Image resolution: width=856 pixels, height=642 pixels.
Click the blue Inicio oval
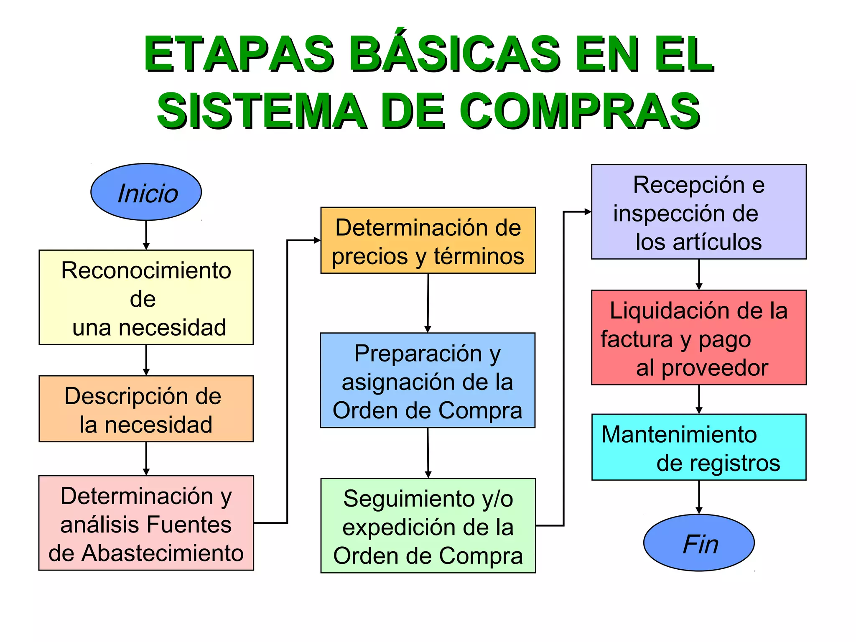tap(146, 192)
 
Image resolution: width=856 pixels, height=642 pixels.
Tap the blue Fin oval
tap(699, 543)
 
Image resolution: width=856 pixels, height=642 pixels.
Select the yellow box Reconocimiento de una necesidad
tap(146, 298)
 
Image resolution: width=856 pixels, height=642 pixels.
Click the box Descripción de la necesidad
tap(146, 409)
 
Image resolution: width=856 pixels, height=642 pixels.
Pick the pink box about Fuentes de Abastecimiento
tap(146, 523)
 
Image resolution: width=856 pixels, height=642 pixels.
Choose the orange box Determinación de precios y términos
tap(428, 241)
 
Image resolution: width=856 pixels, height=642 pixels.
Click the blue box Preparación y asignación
tap(428, 380)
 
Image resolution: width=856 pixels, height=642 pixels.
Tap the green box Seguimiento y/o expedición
tap(428, 526)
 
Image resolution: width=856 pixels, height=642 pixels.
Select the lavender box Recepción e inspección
tap(699, 212)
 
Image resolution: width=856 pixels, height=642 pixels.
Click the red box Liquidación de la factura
tap(699, 338)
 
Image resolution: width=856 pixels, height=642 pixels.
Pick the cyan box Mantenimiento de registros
tap(699, 447)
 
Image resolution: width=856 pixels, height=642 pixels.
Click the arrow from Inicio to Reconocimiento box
tap(146, 235)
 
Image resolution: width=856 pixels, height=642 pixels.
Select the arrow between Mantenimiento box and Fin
tap(699, 497)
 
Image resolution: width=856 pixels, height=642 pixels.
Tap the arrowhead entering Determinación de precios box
tap(317, 240)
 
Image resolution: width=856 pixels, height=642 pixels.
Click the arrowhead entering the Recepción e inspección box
tap(588, 212)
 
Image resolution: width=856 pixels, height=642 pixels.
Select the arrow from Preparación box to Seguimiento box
tap(428, 452)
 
